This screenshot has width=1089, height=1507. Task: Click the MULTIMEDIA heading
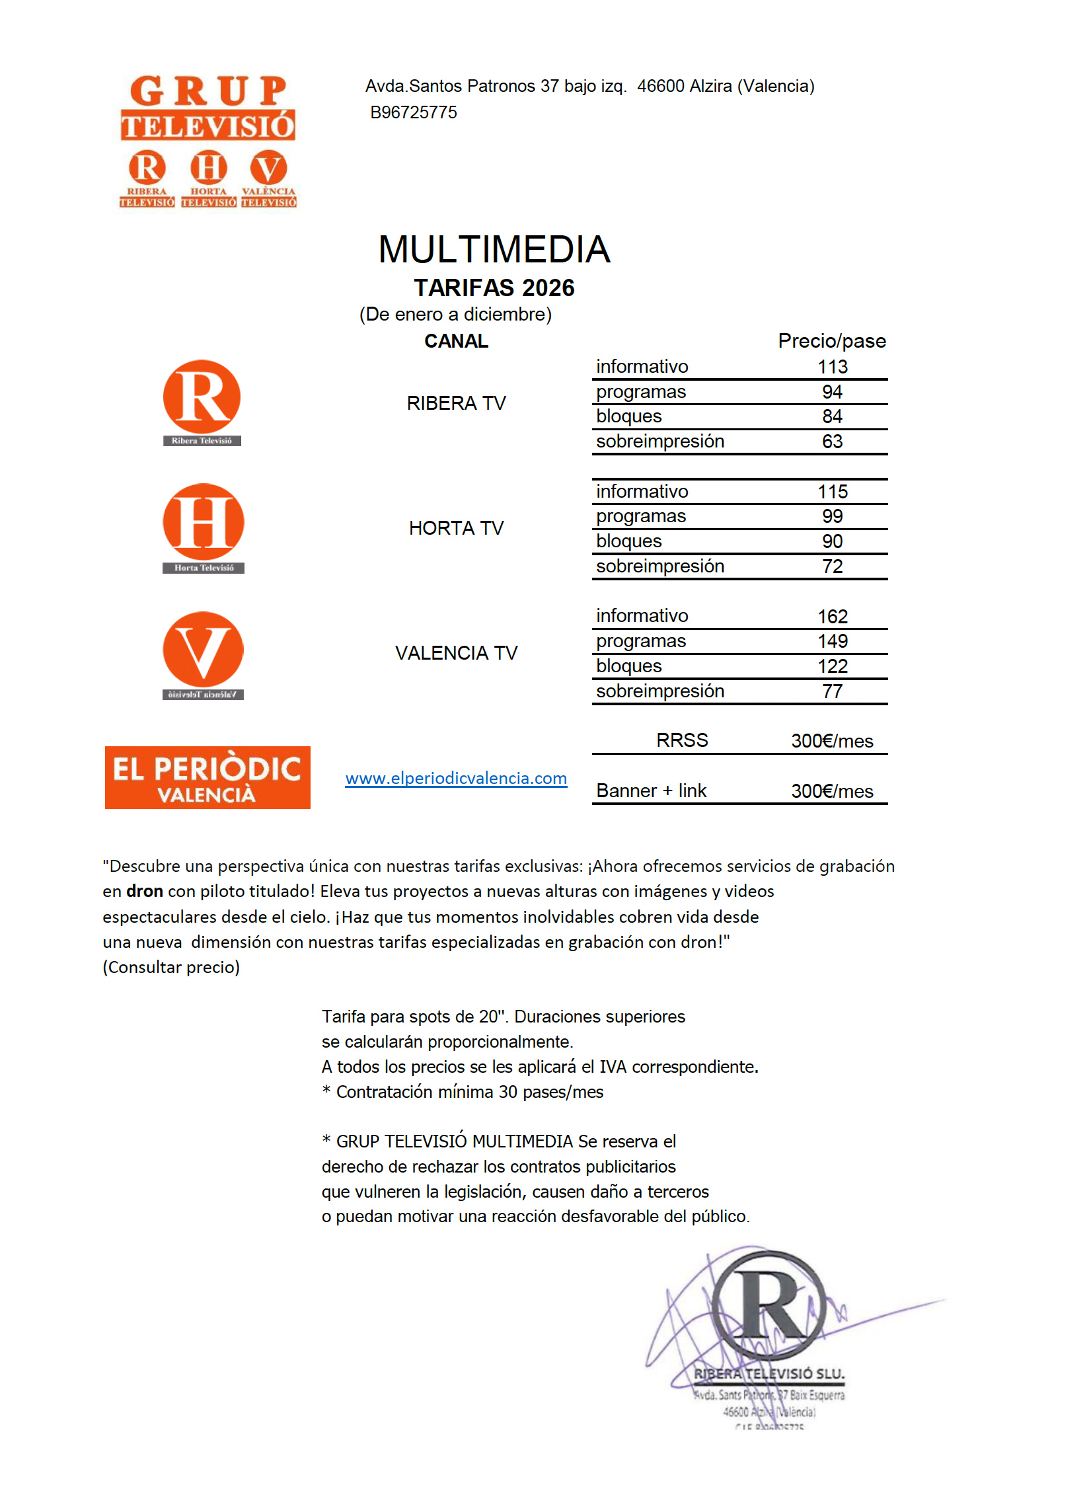(494, 250)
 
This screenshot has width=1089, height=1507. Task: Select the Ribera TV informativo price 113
(832, 367)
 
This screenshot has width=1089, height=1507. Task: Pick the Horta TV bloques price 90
(832, 541)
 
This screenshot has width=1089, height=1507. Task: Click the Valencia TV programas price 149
(832, 641)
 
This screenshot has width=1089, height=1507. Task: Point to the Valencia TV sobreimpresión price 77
(832, 692)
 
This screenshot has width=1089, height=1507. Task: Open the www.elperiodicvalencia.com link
(456, 778)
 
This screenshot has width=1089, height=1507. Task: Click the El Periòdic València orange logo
(207, 777)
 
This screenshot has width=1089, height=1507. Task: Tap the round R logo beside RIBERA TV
(202, 397)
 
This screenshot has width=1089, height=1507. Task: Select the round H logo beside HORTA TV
(204, 522)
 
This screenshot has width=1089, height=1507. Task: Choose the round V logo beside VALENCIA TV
(203, 650)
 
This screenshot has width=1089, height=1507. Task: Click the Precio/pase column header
(831, 341)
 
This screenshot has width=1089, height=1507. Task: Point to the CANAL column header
(456, 341)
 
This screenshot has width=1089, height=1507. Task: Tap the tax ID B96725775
(413, 112)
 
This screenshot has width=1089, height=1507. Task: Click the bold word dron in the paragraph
(144, 891)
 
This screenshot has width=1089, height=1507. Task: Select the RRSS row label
(682, 740)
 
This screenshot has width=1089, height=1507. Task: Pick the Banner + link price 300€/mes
(831, 791)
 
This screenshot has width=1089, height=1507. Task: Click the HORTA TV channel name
(456, 528)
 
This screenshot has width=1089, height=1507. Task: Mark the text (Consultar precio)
(170, 967)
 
